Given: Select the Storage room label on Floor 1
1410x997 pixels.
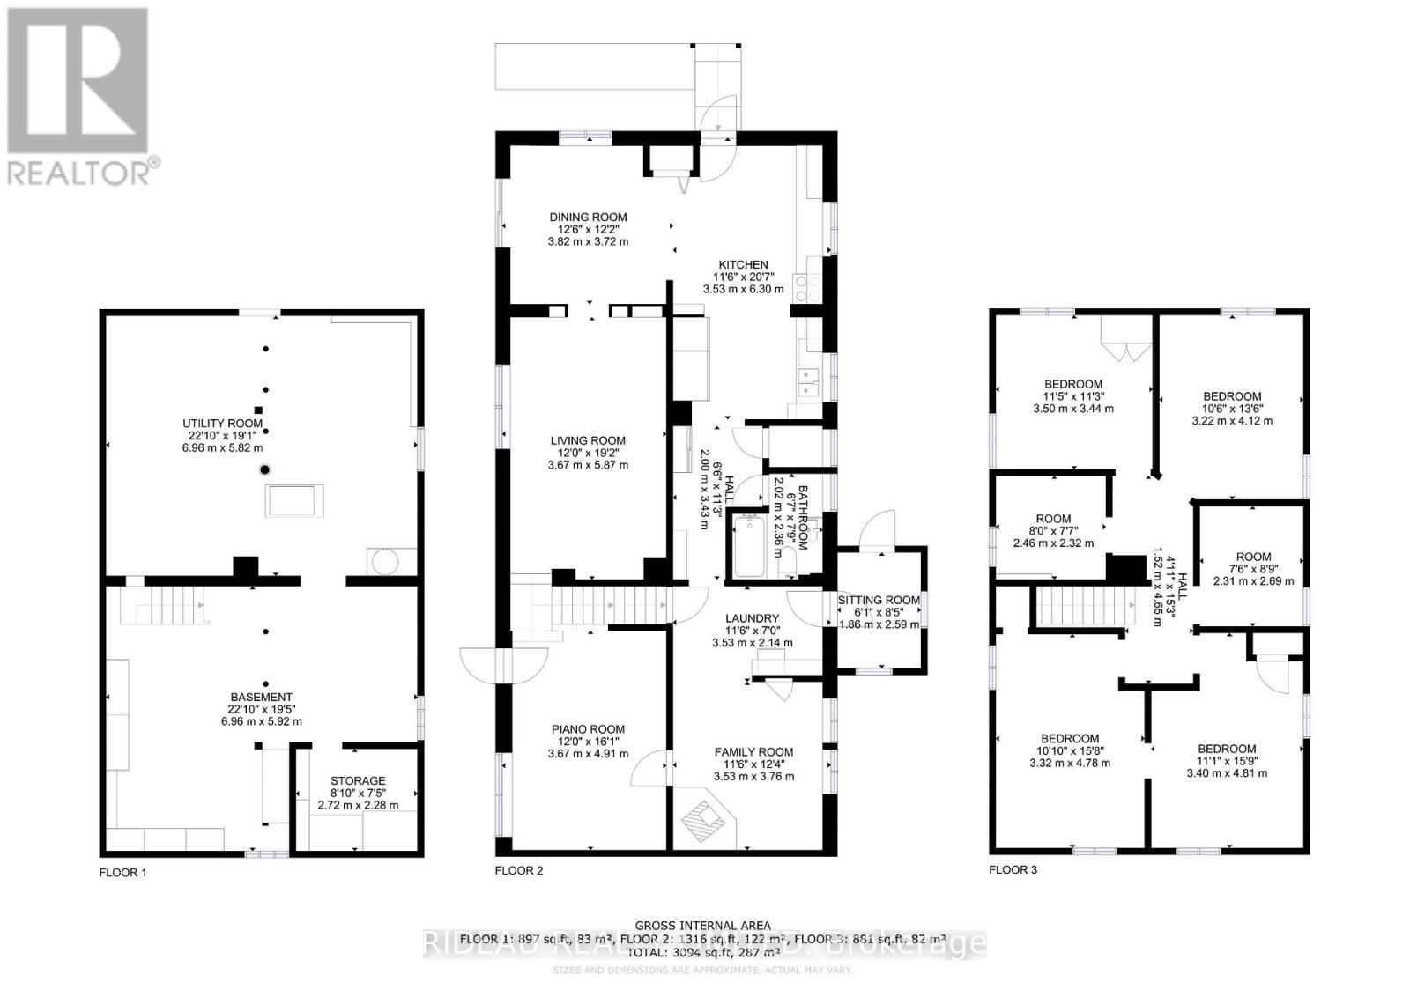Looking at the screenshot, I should [358, 780].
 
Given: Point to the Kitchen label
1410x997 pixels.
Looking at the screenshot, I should [743, 264].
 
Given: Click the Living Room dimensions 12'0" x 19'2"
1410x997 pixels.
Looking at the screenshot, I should [588, 453].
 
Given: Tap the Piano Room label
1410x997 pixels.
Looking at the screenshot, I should [588, 729].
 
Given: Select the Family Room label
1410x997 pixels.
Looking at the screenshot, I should [753, 752].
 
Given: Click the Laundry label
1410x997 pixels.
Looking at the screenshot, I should [752, 618].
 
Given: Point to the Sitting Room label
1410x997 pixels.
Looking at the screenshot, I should [878, 600].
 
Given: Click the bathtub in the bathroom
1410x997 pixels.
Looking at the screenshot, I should [750, 547].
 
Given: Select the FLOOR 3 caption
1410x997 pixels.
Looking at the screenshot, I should [1013, 870].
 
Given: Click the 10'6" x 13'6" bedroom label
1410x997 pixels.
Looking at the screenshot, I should [1231, 396].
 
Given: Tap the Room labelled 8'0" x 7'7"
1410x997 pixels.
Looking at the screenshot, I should [1053, 519].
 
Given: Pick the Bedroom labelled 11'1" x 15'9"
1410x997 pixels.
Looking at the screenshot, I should [1226, 749].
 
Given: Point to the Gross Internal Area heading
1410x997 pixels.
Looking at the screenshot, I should [703, 926].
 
